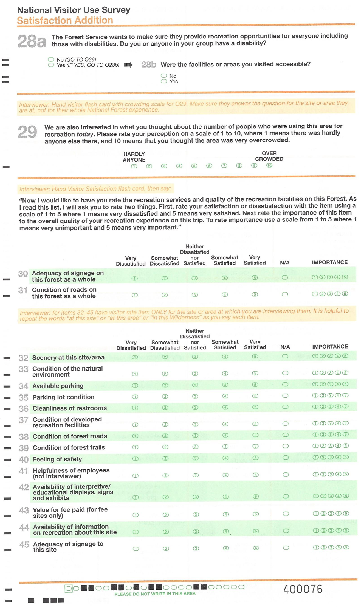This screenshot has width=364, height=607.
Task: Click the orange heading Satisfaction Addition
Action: [x=65, y=21]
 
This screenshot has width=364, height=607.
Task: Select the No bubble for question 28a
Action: [x=51, y=59]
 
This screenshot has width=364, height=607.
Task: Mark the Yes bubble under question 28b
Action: [x=164, y=81]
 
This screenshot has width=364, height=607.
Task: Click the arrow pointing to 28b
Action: [x=128, y=65]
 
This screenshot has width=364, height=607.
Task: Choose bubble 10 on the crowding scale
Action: [x=269, y=165]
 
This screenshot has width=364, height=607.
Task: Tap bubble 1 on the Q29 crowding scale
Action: [x=134, y=166]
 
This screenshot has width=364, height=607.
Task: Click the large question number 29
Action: [x=27, y=132]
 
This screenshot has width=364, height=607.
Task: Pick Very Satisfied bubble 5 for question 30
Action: [x=255, y=278]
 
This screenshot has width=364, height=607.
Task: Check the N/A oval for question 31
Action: [x=285, y=294]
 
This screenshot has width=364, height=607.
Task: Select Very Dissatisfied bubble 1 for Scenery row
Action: [x=135, y=357]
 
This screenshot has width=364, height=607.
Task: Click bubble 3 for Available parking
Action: [x=195, y=385]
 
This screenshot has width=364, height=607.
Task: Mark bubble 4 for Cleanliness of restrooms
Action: [x=225, y=407]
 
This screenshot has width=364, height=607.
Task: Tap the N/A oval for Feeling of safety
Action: [x=286, y=458]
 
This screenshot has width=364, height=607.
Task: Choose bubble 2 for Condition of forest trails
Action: [x=165, y=447]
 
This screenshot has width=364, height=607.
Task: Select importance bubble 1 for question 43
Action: [x=316, y=513]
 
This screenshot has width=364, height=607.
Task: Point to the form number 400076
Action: [x=303, y=589]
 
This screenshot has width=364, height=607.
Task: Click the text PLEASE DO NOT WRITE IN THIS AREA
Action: [x=155, y=594]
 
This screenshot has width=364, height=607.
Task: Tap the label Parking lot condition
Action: [x=63, y=397]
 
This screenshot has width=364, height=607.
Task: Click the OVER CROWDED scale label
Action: [x=269, y=156]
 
